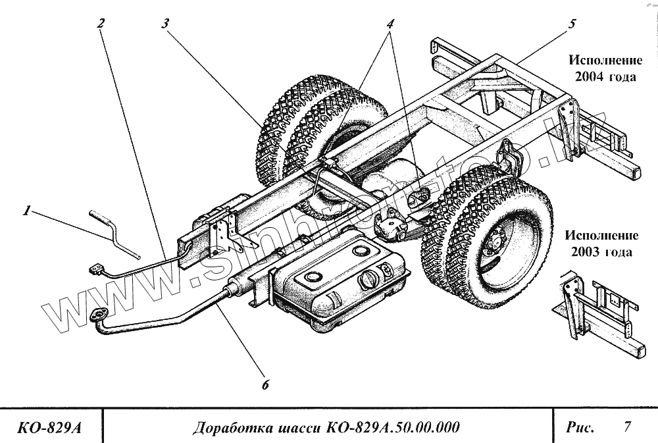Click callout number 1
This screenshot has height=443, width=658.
pyautogui.click(x=27, y=211)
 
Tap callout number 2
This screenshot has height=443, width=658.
pyautogui.click(x=100, y=22)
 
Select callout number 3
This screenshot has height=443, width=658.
pyautogui.click(x=165, y=22)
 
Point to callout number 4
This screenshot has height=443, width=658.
pyautogui.click(x=390, y=22)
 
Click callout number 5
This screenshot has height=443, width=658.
pyautogui.click(x=571, y=24)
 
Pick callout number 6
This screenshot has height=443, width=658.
pyautogui.click(x=265, y=385)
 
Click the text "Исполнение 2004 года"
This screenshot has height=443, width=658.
pyautogui.click(x=605, y=68)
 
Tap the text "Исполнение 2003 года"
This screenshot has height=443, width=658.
pyautogui.click(x=601, y=244)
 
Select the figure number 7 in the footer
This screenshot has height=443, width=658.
pyautogui.click(x=627, y=427)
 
